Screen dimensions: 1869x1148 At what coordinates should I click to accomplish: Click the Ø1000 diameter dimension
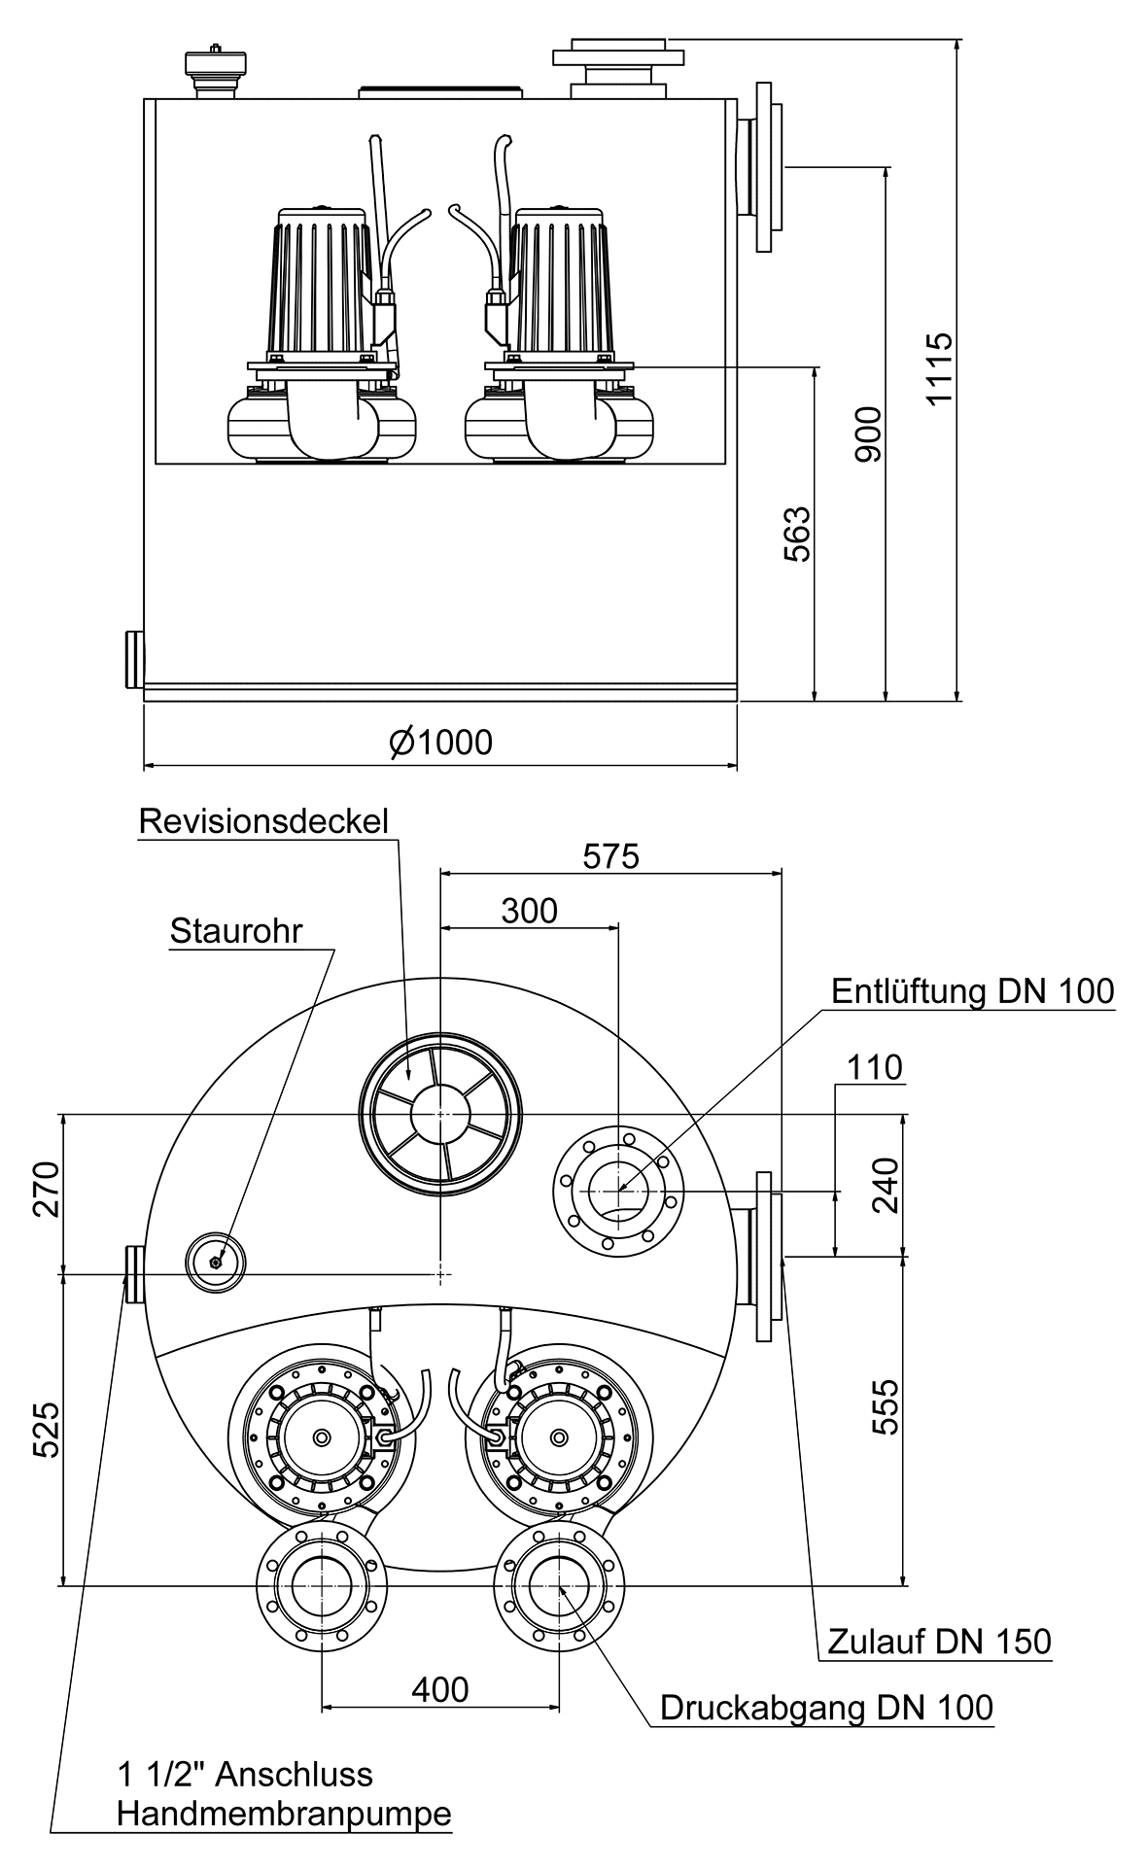tap(440, 742)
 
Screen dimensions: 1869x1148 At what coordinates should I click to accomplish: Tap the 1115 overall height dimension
tap(939, 369)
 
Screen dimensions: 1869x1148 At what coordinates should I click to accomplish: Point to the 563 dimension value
tap(797, 534)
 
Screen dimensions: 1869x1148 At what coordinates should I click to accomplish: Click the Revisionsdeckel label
tap(263, 821)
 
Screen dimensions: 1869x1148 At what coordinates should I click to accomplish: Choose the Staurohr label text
tap(236, 930)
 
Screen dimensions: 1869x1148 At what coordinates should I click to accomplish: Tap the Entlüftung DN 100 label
tap(972, 991)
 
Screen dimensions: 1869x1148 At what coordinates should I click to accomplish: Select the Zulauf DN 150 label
tap(939, 1642)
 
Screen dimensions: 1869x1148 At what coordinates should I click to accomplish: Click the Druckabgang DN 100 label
tap(826, 1708)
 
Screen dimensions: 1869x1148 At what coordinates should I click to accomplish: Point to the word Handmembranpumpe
tap(284, 1814)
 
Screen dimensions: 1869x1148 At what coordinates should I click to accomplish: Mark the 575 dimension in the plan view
tap(610, 856)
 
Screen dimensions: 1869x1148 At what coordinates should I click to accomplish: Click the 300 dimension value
tap(529, 911)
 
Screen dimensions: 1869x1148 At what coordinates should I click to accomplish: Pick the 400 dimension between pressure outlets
tap(439, 1690)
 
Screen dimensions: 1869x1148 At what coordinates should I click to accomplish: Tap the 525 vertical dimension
tap(46, 1429)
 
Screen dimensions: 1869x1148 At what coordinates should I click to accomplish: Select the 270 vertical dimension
tap(46, 1189)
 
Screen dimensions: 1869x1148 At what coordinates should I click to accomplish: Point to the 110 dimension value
tap(874, 1067)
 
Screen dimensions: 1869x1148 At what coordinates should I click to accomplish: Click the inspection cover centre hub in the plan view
tap(440, 1114)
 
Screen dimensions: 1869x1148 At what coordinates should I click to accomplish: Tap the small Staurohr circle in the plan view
tap(215, 1262)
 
